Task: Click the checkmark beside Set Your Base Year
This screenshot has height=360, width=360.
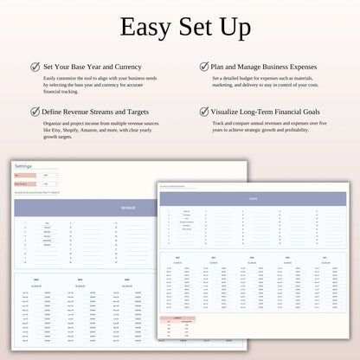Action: coord(35,66)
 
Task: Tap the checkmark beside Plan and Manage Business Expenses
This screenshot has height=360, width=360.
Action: coord(204,66)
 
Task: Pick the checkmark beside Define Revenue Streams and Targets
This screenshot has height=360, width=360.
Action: coord(35,112)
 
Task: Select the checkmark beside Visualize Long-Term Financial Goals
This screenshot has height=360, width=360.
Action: coord(204,112)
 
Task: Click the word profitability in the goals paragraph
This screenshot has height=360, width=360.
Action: coord(288,132)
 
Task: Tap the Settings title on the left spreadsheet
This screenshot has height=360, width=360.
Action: coord(23,166)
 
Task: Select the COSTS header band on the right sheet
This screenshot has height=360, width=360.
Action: coord(252,199)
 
